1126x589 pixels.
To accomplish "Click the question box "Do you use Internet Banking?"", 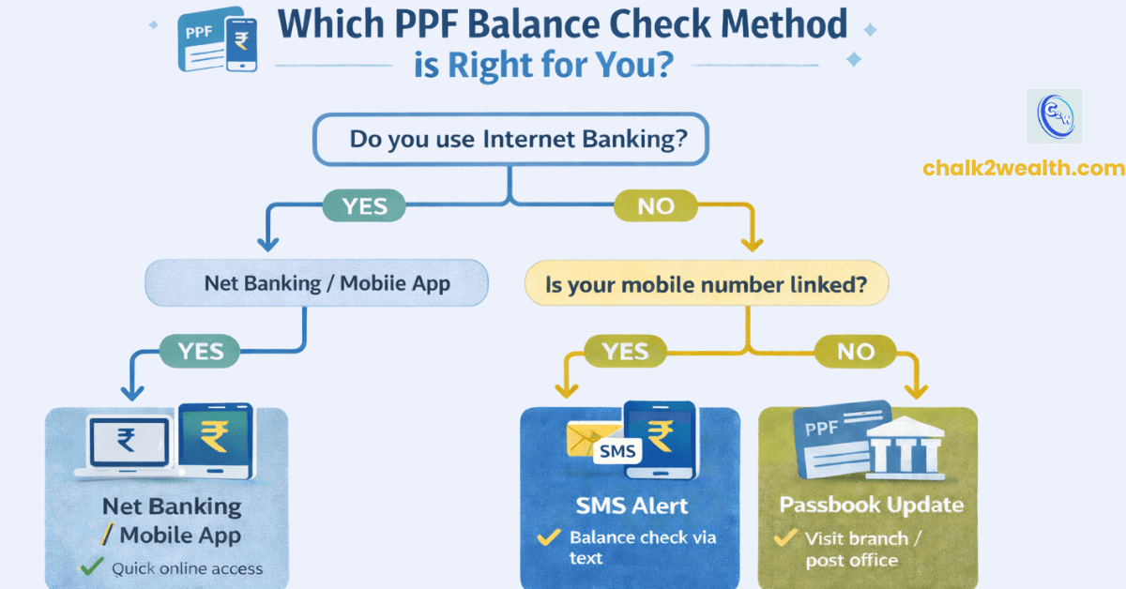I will pos(510,141).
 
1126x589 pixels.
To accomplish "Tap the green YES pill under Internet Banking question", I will pos(365,205).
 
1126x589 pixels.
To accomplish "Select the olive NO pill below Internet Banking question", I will pos(657,205).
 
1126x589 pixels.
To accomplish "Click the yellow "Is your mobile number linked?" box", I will pos(705,283).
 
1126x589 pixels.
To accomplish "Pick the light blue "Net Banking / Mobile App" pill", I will pos(316,282).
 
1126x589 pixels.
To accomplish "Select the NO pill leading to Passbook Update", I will pos(855,352).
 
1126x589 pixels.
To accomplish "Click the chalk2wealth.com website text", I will pos(1023,169).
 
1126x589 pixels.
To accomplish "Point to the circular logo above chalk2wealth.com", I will pos(1055,116).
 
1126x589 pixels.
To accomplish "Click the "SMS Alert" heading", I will pos(631,506).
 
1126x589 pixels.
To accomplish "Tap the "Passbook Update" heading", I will pos(871,505).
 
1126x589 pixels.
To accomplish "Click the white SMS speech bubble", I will pos(616,452).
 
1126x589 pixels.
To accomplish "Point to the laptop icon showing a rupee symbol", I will pos(128,441).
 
